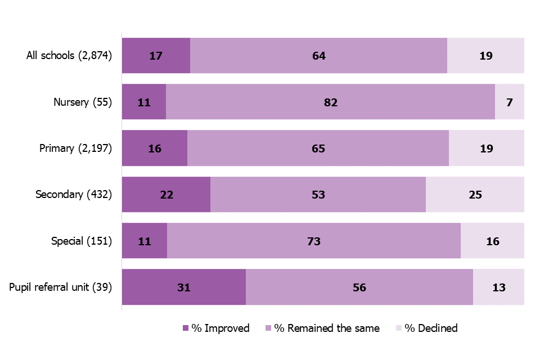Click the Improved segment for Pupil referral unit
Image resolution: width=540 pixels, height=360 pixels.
[184, 287]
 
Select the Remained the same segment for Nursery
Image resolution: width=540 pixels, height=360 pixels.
[330, 102]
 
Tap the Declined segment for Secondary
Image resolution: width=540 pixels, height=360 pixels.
[475, 195]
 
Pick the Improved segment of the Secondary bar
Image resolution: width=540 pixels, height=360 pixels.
[166, 195]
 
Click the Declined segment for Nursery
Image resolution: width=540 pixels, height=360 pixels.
[509, 102]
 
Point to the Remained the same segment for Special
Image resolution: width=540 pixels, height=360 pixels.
[314, 241]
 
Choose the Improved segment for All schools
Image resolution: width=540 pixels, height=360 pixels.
[156, 56]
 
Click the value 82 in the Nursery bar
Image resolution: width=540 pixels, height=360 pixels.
[330, 102]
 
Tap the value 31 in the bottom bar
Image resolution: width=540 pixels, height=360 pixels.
[184, 287]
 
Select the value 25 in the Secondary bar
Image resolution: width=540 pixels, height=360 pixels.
[475, 195]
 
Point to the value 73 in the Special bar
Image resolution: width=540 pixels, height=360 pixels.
[314, 241]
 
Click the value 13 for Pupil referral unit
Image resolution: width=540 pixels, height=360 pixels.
[498, 287]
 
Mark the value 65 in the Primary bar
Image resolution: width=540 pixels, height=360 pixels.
[318, 148]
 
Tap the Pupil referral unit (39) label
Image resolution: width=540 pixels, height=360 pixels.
[61, 287]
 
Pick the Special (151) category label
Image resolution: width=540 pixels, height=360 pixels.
[82, 241]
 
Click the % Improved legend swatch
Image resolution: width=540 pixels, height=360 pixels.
[186, 328]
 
